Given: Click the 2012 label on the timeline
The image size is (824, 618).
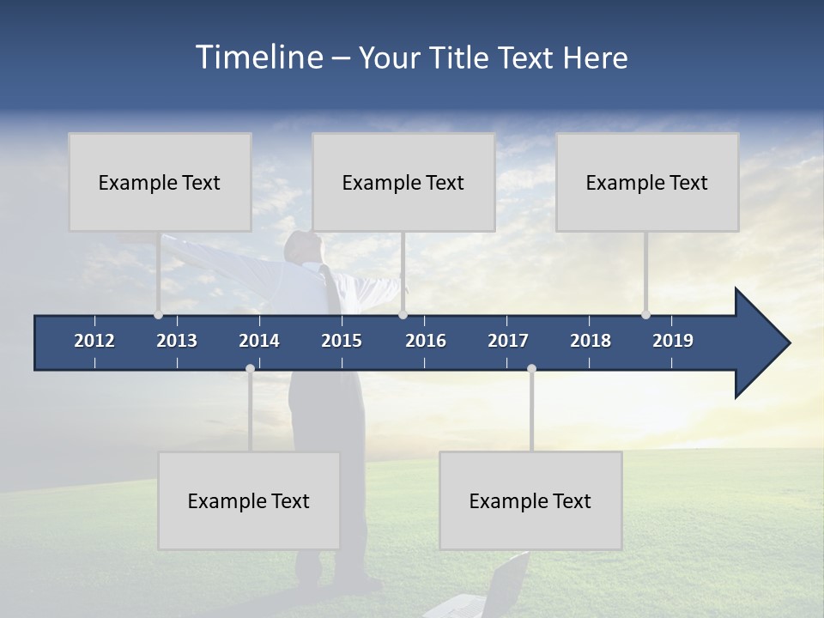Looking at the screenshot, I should (94, 341).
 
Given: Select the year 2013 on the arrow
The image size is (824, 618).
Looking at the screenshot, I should (177, 341).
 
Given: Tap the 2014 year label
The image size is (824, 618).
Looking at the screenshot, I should (259, 341).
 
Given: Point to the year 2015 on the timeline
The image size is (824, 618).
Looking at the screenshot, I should (342, 341).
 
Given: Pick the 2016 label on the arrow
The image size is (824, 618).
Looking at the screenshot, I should (426, 341).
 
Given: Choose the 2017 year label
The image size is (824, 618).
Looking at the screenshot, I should (508, 341).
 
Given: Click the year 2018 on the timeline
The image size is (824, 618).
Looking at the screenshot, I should (591, 341).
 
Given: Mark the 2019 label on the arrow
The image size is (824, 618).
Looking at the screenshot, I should (673, 341).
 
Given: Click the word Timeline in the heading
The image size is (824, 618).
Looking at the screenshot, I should (257, 58).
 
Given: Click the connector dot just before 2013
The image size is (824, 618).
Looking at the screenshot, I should (159, 315).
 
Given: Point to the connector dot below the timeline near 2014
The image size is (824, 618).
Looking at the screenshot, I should (250, 368).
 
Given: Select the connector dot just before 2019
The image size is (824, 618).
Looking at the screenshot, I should (645, 315).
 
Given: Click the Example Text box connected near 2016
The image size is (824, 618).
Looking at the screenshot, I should (403, 182).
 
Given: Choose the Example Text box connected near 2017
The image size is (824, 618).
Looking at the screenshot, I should (530, 500).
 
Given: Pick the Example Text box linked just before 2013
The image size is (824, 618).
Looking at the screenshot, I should (160, 182).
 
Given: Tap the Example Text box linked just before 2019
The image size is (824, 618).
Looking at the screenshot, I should (647, 182).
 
